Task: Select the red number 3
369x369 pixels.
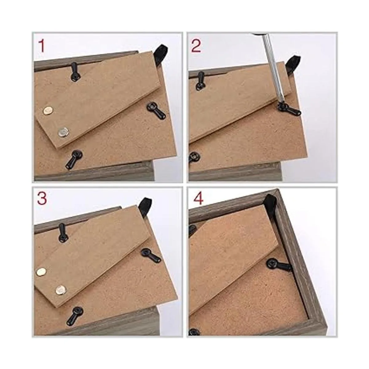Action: pos(42,198)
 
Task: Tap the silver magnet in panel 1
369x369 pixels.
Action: pos(64,132)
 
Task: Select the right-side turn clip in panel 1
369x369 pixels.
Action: pos(156,112)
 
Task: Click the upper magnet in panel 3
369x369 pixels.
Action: pos(42,271)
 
